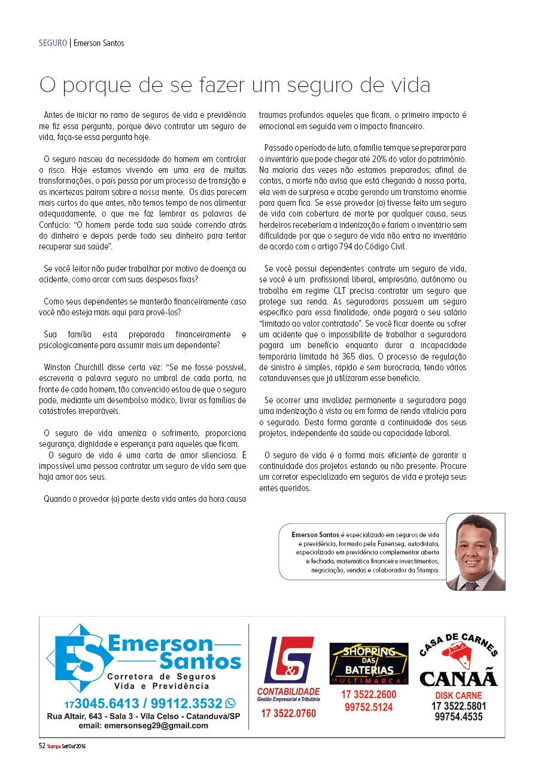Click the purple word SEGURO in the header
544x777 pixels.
click(53, 43)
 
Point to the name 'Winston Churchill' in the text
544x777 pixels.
click(74, 367)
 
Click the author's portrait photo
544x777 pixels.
click(475, 551)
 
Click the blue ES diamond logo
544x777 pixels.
click(79, 657)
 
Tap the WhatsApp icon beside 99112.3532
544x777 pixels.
click(230, 703)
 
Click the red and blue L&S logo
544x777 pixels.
click(288, 660)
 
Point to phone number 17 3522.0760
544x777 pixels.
click(288, 713)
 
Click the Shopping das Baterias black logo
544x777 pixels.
click(369, 663)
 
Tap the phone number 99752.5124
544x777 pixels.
click(369, 708)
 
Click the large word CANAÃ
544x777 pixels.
click(458, 678)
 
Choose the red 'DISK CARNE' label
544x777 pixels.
click(458, 696)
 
